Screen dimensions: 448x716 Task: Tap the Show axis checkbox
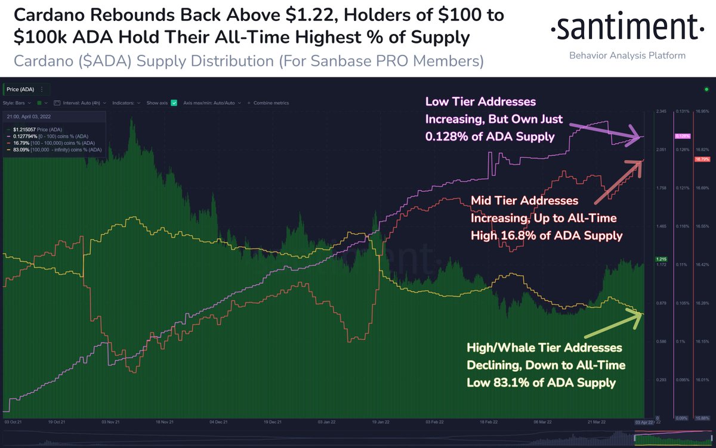click(174, 102)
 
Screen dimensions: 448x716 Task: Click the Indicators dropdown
click(125, 102)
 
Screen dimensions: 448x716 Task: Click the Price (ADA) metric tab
click(21, 89)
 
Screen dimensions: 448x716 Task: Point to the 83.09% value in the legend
click(20, 149)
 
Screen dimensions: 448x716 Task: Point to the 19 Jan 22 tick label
click(376, 422)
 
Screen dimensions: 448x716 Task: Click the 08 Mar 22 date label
click(542, 422)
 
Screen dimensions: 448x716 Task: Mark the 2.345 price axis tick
click(661, 111)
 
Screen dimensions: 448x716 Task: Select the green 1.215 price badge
click(661, 259)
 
